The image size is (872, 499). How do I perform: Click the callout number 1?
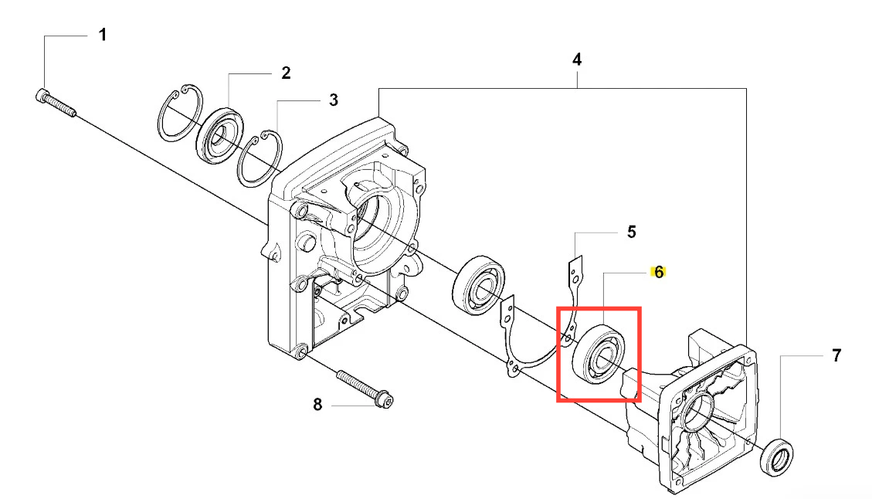[x=102, y=36]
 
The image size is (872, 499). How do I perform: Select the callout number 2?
[x=286, y=73]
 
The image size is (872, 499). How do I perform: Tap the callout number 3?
[x=333, y=100]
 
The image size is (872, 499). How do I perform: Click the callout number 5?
[x=631, y=231]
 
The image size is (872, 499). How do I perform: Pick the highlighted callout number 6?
[x=659, y=272]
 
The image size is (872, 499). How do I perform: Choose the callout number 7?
[x=836, y=356]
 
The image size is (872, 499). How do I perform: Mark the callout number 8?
[x=317, y=405]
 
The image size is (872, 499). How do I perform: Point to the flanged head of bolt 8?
[x=385, y=401]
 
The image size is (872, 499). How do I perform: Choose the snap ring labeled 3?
[x=260, y=158]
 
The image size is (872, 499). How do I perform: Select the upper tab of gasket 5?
[x=575, y=271]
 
